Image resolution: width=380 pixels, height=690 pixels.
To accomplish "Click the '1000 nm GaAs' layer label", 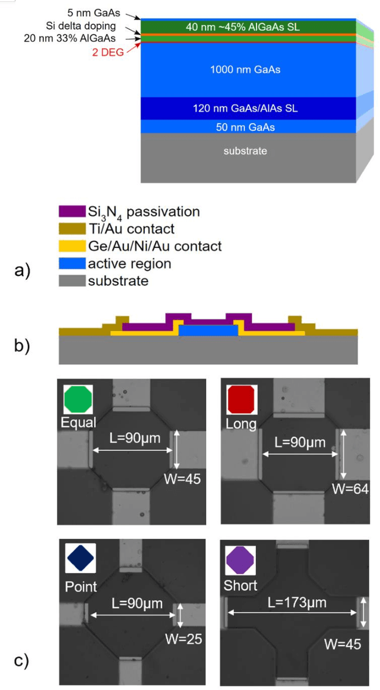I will click(x=245, y=70).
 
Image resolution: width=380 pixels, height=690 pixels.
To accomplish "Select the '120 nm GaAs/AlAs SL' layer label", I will click(x=245, y=109).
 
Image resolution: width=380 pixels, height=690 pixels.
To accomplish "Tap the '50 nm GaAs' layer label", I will click(x=245, y=127).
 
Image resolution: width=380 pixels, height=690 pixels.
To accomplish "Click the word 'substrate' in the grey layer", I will click(x=245, y=151).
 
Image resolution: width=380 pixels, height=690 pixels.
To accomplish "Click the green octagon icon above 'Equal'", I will click(x=79, y=399).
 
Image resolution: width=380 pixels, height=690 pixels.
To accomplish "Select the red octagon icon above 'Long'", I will click(x=241, y=399).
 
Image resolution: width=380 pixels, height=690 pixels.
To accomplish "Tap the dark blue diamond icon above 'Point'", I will click(x=80, y=560).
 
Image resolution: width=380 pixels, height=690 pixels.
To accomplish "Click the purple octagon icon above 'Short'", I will click(x=240, y=560).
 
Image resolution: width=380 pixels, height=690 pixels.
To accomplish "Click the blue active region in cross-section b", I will click(x=208, y=330).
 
